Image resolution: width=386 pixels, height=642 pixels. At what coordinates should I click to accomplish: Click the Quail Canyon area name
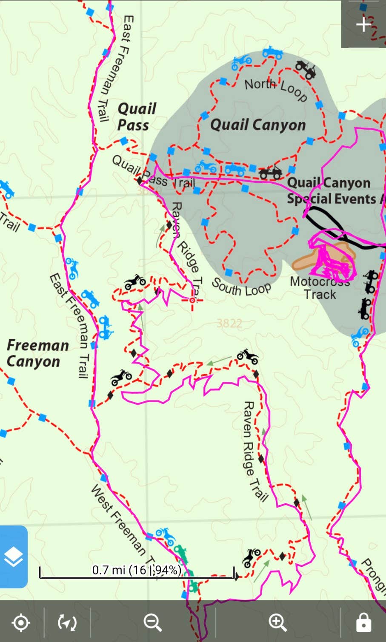pyautogui.click(x=258, y=125)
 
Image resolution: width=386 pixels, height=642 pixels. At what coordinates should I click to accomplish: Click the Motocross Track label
pyautogui.click(x=320, y=288)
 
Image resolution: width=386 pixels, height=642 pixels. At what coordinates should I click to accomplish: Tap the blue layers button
pyautogui.click(x=14, y=557)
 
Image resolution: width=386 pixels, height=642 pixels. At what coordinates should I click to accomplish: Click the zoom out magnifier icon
pyautogui.click(x=152, y=622)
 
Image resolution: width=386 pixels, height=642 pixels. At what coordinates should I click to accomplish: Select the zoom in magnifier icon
pyautogui.click(x=277, y=622)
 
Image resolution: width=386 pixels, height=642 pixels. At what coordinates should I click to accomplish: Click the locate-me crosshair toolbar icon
pyautogui.click(x=21, y=623)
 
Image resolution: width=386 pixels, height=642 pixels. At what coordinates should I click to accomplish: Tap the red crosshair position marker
pyautogui.click(x=192, y=300)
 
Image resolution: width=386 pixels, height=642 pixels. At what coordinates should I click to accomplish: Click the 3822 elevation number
pyautogui.click(x=229, y=324)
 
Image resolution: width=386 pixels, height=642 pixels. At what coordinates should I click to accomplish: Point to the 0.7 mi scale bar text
pyautogui.click(x=136, y=570)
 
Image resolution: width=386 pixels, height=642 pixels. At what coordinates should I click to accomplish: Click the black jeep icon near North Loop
pyautogui.click(x=306, y=69)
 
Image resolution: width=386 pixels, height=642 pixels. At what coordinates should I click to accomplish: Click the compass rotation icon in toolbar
pyautogui.click(x=67, y=623)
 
